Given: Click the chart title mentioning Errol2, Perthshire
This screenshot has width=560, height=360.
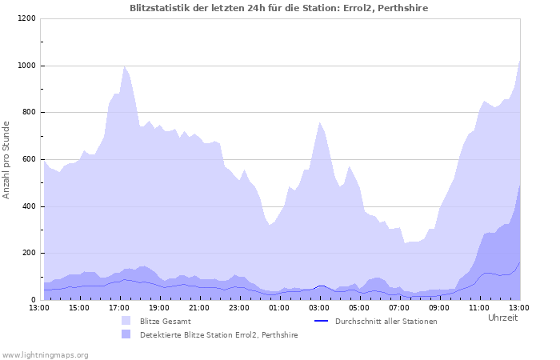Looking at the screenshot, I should pos(279,8).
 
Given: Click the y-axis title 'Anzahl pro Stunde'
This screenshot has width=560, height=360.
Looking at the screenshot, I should pos(6,160).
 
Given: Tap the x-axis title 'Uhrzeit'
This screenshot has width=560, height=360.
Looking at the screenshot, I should pos(502,318).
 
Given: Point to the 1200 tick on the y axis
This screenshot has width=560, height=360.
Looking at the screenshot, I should pos(26,18).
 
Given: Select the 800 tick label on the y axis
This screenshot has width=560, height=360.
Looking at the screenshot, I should pos(28,112).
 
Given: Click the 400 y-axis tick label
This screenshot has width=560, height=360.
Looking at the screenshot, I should pos(28,206).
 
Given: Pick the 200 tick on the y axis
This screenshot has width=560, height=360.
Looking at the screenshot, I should pos(28,253).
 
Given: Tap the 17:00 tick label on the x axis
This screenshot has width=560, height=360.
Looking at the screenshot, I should pos(119,307).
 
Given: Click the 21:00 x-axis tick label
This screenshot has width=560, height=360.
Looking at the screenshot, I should pos(199,307).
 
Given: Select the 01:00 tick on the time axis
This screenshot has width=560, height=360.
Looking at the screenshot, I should pos(279,307).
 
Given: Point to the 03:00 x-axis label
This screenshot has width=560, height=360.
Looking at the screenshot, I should pos(319,307).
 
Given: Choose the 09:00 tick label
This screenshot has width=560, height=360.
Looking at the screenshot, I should pos(439,307).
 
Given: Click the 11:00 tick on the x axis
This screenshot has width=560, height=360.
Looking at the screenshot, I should pos(479,307).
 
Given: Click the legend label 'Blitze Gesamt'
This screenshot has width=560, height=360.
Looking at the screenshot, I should pos(165,322).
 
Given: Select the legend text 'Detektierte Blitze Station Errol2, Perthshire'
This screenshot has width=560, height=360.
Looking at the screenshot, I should pos(218,335).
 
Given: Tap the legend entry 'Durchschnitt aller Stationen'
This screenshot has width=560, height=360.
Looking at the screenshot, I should pos(386,322).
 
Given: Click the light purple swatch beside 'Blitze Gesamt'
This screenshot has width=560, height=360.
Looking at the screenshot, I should pos(126,322).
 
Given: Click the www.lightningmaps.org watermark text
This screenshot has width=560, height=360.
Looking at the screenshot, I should pos(45,354).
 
